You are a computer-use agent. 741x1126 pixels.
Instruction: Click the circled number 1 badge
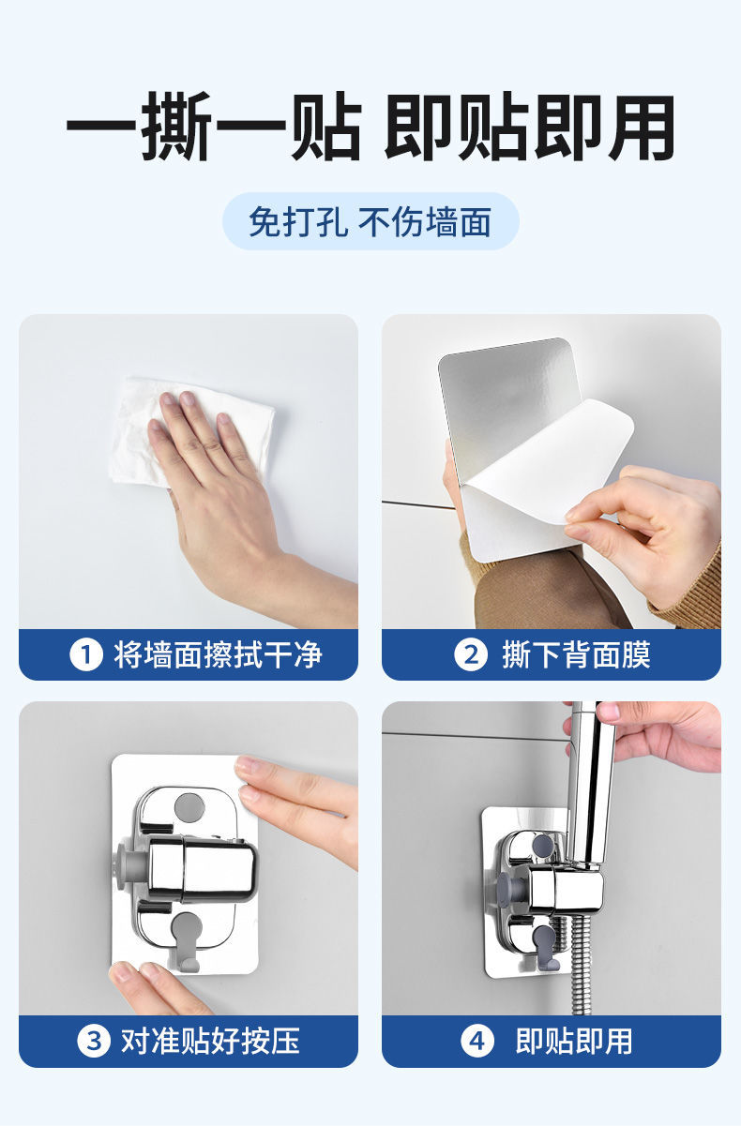pos(86,655)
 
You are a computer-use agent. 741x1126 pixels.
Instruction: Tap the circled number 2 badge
pos(470,655)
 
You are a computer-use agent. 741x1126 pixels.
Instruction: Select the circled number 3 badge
pos(94,1041)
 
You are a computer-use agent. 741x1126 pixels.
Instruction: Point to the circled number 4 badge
pos(476,1041)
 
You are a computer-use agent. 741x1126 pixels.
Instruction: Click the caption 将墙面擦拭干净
pos(218,655)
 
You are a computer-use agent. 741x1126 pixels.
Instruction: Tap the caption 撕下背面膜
pos(577,655)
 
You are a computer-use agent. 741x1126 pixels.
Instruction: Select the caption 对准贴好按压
pos(210,1041)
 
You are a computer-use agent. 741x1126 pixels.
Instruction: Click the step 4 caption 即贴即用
pos(574,1041)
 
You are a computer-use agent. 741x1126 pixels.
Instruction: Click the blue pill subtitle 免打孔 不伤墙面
pos(370,221)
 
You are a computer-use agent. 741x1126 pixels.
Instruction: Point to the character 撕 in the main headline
pos(176,127)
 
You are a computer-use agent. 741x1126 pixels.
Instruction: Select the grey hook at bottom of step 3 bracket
pos(188,944)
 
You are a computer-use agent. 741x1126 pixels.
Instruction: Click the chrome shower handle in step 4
pos(591,784)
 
